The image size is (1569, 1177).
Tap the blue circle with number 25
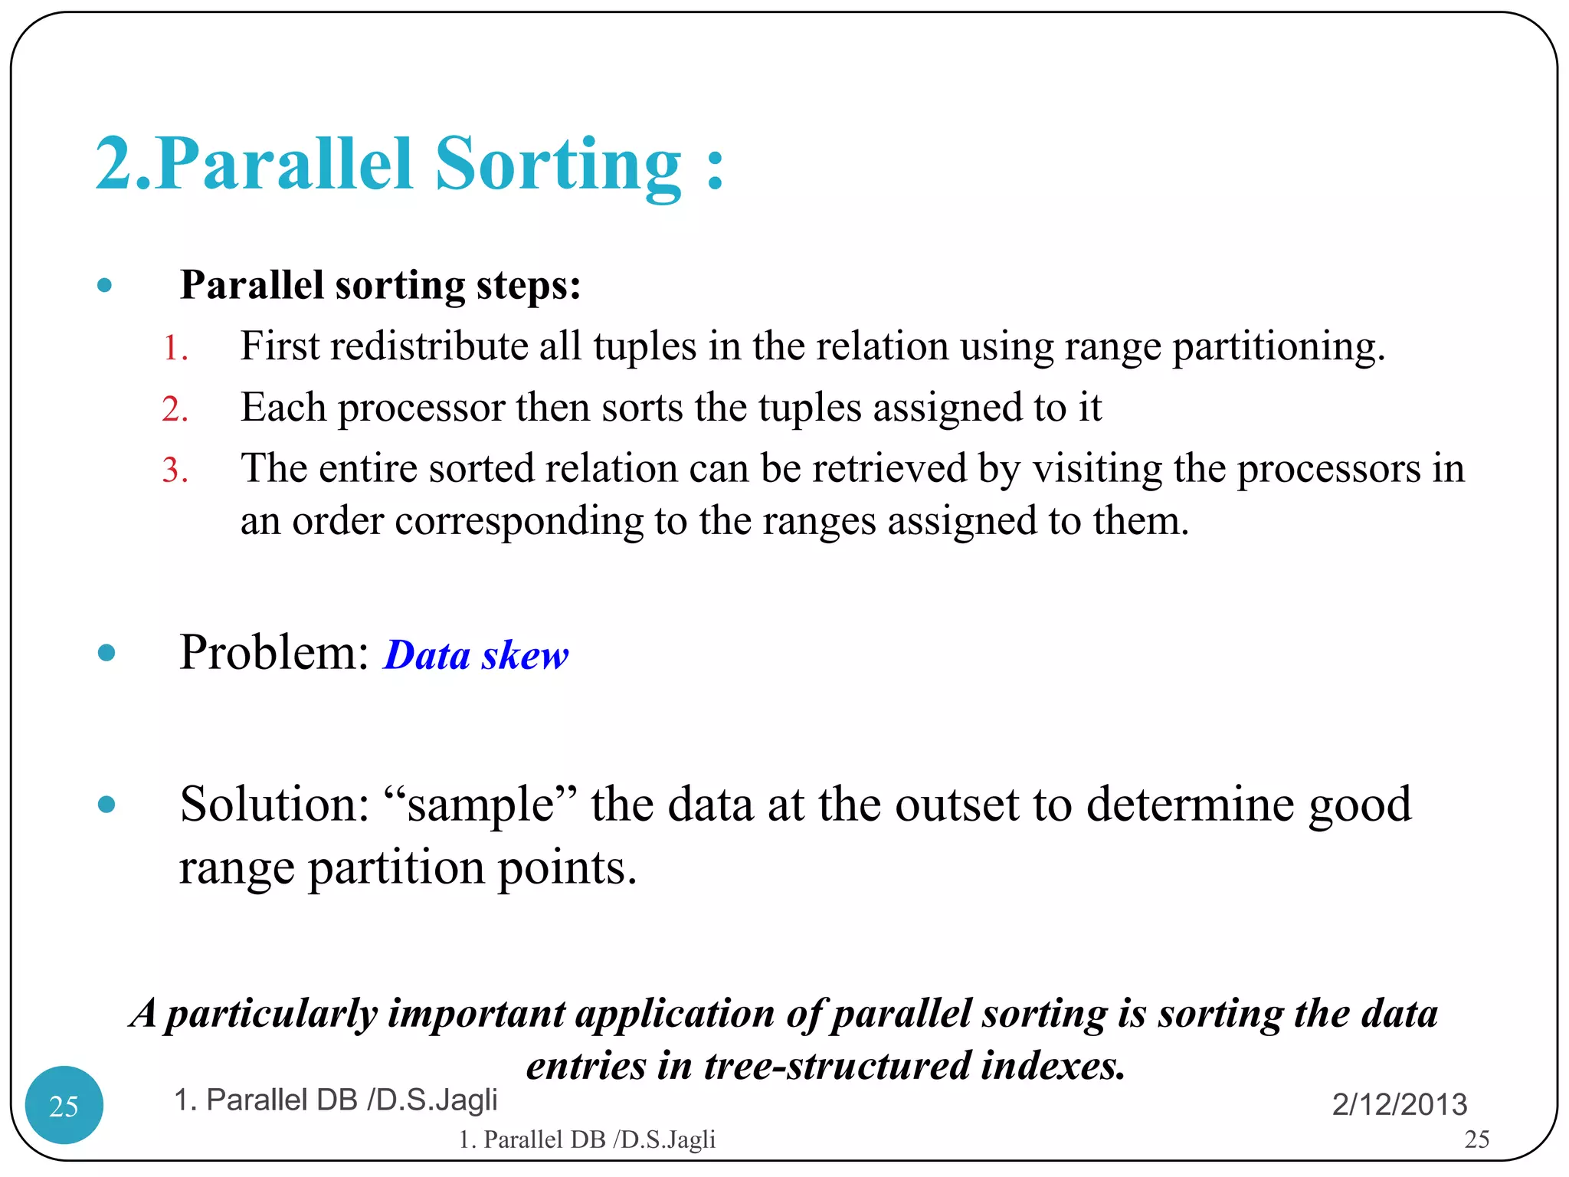point(64,1104)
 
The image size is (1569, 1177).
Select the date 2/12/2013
point(1399,1104)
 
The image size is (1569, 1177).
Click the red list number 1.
point(175,349)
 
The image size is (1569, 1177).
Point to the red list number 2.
point(175,409)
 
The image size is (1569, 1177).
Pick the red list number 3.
point(175,470)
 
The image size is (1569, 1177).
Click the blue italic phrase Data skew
point(476,656)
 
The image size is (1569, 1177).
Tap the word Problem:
point(274,653)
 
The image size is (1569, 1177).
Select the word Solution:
point(274,805)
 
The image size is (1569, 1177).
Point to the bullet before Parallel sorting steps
point(106,287)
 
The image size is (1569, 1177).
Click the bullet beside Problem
point(106,653)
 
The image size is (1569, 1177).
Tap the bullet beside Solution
point(106,805)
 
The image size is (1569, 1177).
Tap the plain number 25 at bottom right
point(1476,1139)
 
